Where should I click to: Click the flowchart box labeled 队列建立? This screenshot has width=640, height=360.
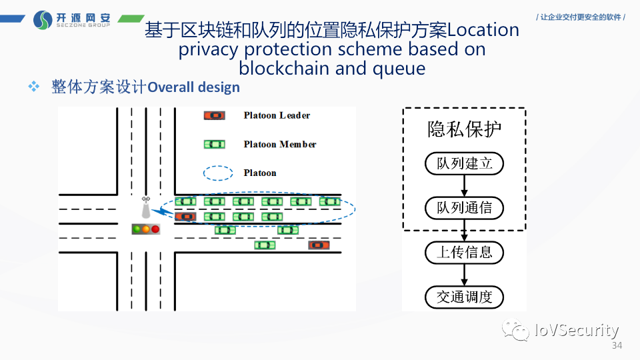coord(464,163)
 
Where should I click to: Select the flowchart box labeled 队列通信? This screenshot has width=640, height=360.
coord(464,208)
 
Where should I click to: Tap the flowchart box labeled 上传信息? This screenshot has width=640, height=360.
coord(464,253)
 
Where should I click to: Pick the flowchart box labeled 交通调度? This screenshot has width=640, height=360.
coord(464,297)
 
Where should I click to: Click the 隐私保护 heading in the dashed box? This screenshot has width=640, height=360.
coord(464,129)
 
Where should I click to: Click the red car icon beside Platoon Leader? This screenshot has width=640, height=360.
coord(214,115)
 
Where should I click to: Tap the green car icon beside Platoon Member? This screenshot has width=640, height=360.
coord(214,144)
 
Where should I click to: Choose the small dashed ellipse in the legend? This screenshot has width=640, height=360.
coord(218,173)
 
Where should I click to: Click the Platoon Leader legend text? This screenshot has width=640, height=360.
coord(277,115)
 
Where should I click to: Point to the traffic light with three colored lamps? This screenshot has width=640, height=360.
coord(146,229)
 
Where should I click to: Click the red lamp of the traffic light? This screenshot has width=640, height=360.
coord(155,229)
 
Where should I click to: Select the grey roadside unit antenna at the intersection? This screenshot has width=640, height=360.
coord(145,209)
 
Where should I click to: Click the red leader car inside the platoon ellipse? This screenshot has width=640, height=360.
coord(185,216)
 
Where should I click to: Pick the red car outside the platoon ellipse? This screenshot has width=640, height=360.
coord(319,245)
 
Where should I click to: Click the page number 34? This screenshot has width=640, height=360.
coord(617,346)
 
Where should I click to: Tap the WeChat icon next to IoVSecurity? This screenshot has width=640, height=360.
coord(517,329)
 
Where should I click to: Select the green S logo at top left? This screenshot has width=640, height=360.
coord(43,20)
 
